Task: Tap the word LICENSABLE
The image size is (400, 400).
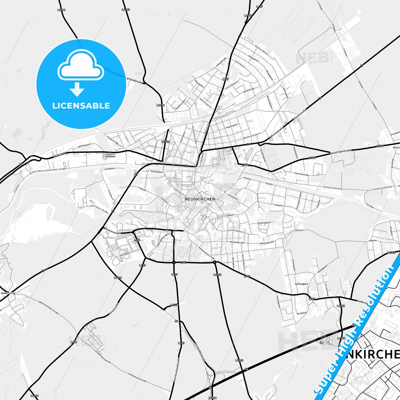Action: (x=81, y=105)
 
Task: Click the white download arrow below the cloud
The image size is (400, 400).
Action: (x=77, y=89)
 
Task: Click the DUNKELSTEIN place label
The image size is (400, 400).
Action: (x=8, y=293)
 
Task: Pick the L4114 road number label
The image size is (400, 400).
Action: (x=61, y=10)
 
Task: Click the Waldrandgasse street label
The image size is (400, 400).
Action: (x=262, y=50)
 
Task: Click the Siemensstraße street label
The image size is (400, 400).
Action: (x=301, y=175)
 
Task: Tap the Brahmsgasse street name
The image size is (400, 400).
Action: (x=264, y=223)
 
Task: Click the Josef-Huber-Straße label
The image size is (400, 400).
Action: (x=98, y=208)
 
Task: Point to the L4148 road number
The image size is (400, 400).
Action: (x=35, y=396)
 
